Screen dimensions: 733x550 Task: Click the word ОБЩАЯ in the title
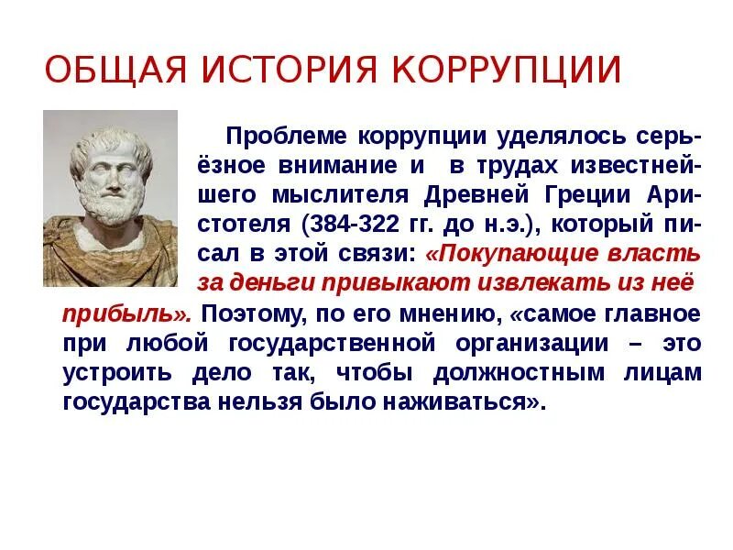click(115, 71)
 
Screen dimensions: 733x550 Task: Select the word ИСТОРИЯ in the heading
click(289, 70)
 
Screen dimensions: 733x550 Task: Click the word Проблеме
click(287, 136)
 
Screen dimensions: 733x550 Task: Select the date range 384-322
click(355, 225)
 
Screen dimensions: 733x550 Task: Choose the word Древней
click(476, 195)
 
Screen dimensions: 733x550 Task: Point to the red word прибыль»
click(126, 314)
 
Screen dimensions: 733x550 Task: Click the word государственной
click(332, 345)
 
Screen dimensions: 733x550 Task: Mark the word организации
click(532, 345)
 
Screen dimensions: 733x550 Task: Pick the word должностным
click(519, 373)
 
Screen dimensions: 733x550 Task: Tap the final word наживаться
click(459, 402)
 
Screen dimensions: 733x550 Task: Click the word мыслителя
click(340, 195)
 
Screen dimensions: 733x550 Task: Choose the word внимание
click(337, 166)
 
